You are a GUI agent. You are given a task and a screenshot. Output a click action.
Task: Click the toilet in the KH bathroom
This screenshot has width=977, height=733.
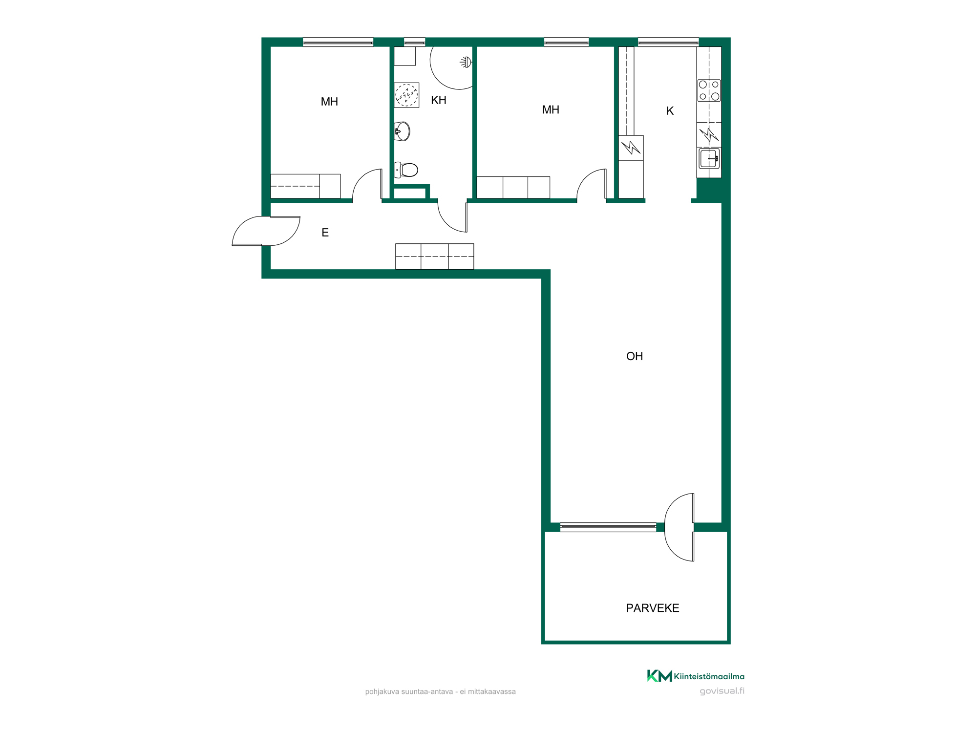coord(406,170)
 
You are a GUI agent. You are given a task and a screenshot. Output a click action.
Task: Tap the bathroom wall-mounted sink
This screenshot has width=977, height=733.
coord(402,131)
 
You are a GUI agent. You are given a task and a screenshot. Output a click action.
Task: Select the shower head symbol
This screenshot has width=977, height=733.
coord(466,62)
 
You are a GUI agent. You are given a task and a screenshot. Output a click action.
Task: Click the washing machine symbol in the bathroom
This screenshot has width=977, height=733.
coord(406,95)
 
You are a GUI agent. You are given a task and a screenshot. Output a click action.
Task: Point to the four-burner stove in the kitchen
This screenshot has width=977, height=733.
coord(709,90)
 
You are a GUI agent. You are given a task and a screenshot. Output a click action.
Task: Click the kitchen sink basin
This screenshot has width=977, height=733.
coord(709,158)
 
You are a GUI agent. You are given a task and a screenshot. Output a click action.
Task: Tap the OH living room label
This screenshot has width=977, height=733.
coord(635,356)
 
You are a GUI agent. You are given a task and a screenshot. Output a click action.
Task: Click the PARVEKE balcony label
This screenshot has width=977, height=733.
coord(653,608)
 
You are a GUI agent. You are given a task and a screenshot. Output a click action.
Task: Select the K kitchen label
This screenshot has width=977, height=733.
coord(670,111)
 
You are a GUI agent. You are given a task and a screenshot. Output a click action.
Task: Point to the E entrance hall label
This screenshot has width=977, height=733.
coord(325,233)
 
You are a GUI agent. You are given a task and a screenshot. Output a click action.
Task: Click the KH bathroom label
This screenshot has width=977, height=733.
coord(439,100)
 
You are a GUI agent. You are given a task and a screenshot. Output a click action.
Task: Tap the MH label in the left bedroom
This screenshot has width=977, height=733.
coord(329,102)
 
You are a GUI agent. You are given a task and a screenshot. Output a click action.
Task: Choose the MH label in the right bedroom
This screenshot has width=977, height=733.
coord(551,110)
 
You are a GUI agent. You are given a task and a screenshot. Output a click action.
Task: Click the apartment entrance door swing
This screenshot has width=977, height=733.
coord(266,231)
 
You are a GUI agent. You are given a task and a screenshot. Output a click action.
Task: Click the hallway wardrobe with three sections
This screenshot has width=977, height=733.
coord(434,257)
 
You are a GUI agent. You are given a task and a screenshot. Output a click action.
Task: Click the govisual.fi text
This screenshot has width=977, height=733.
coord(722,691)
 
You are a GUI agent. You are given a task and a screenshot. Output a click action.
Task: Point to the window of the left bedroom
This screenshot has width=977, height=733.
coord(338,42)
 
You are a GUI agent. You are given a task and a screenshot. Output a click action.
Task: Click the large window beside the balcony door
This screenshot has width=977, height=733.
coord(608,527)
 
